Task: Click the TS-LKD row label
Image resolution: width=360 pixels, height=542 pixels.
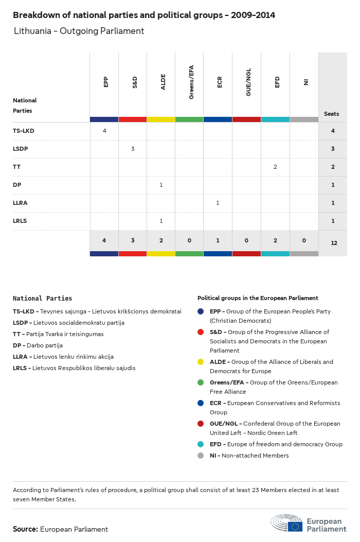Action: (x=23, y=131)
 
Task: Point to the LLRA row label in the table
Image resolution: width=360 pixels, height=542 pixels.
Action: (x=20, y=203)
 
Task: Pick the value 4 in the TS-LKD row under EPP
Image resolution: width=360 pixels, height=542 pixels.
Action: (x=104, y=131)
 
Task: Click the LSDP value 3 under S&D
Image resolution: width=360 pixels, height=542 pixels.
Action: (x=133, y=149)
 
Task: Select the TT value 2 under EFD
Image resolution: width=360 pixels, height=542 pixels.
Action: (x=275, y=167)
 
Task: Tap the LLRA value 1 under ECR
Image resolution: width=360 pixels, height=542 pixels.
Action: (x=218, y=203)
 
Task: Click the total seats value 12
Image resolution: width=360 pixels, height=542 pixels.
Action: (x=334, y=242)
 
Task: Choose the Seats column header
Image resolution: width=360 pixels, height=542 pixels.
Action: (x=332, y=114)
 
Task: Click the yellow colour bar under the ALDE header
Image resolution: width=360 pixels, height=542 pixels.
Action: (x=161, y=119)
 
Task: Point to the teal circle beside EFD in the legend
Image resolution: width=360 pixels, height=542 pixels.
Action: (x=201, y=444)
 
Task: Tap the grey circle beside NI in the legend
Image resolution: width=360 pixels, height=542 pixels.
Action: (x=201, y=456)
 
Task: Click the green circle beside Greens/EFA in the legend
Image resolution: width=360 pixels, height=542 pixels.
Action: (x=201, y=382)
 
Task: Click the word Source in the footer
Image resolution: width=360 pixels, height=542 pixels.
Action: (x=25, y=529)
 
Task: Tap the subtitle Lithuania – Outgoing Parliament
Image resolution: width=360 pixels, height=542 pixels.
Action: (x=79, y=31)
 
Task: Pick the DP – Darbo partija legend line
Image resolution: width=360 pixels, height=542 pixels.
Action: (x=38, y=345)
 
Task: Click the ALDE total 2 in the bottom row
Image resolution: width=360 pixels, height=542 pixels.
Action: (x=161, y=240)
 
